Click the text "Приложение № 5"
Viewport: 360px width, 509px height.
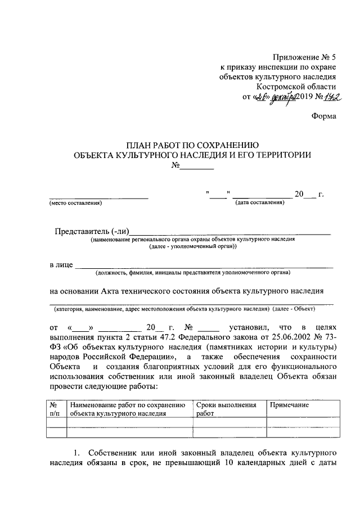tap(304, 57)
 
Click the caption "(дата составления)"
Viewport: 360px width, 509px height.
tap(260, 203)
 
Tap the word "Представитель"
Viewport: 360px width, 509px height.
tap(81, 231)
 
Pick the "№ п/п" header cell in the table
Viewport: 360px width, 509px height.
tap(55, 409)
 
